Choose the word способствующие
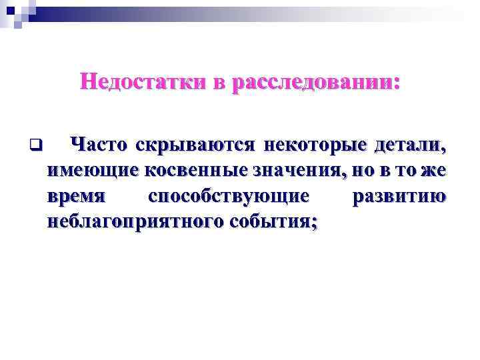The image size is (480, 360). click(x=229, y=197)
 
